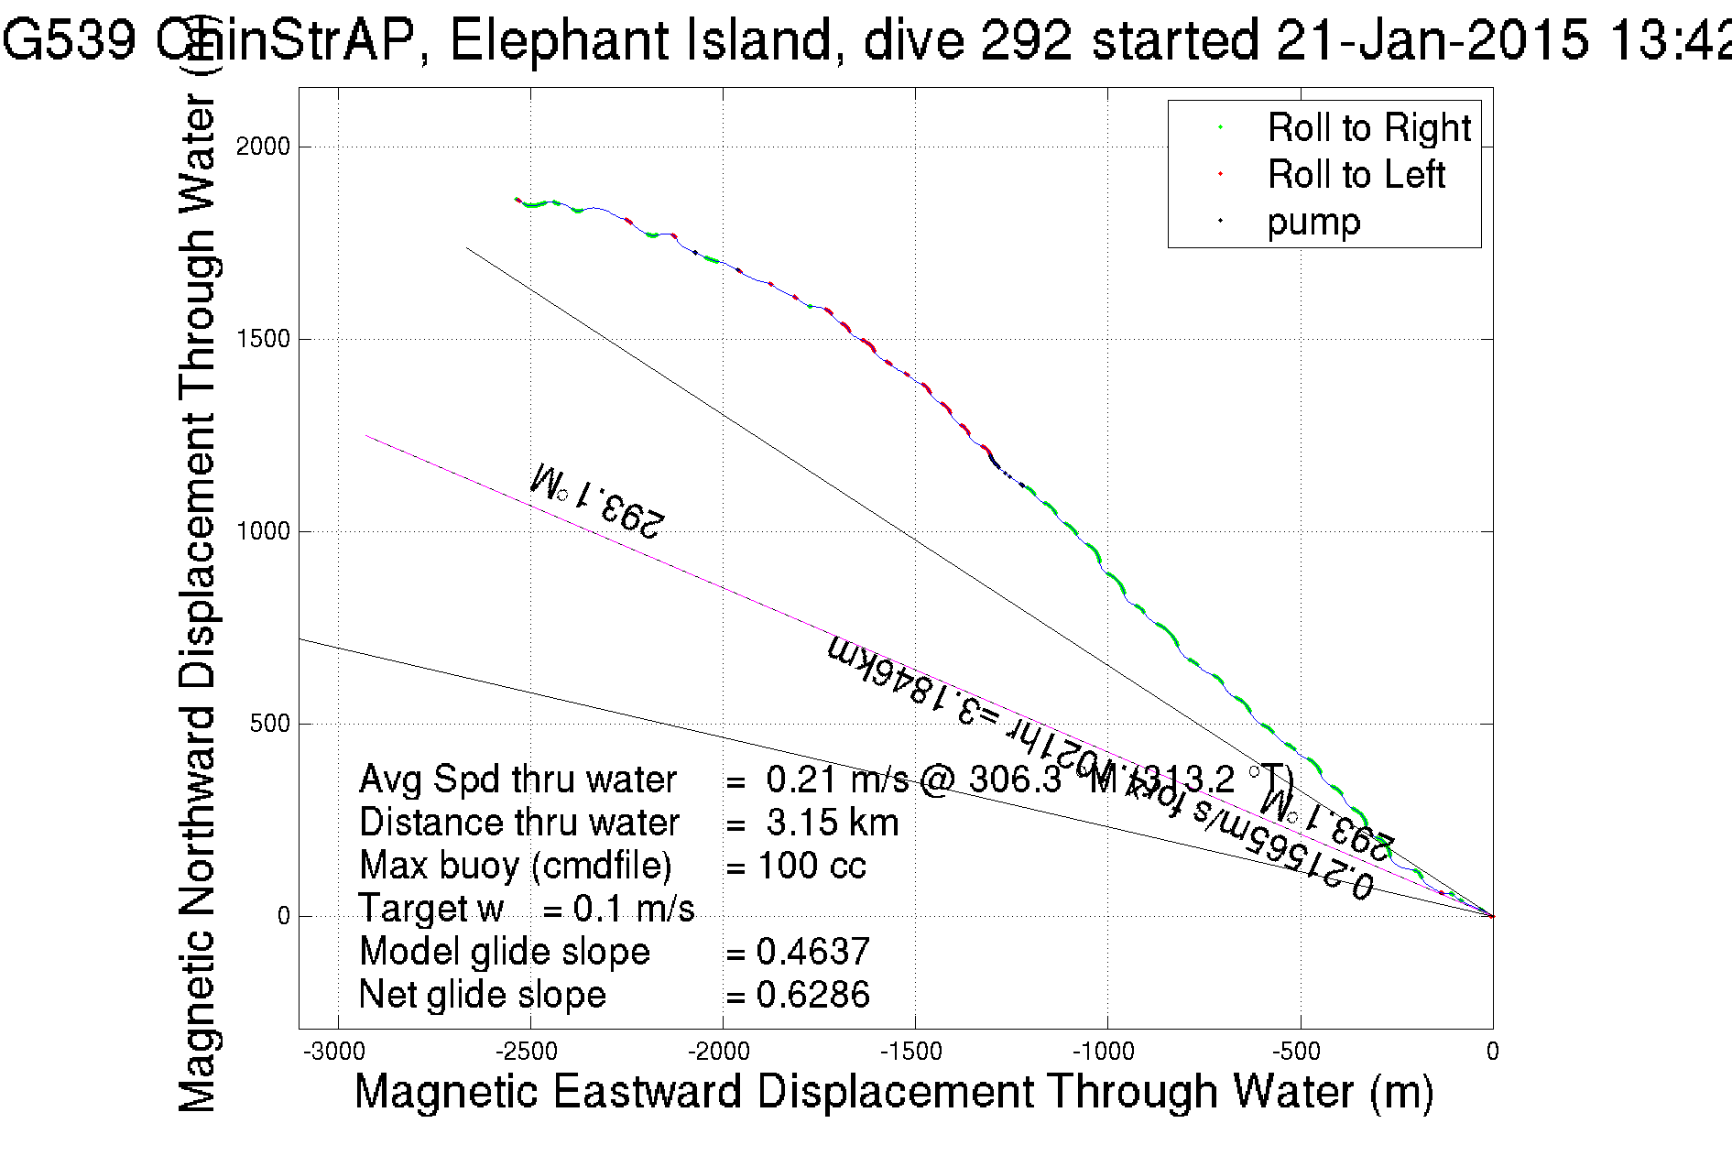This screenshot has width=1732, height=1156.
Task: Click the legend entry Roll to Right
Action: click(1368, 128)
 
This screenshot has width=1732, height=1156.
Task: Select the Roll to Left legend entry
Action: click(1356, 175)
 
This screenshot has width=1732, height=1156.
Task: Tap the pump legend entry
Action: click(1313, 222)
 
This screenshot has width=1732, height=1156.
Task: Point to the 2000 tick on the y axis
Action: click(263, 147)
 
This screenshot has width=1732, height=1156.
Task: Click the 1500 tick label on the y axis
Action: click(263, 339)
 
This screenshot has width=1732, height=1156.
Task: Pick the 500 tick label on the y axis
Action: click(269, 724)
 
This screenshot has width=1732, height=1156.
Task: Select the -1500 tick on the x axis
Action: click(915, 1052)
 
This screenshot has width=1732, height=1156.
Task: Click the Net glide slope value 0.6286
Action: click(812, 995)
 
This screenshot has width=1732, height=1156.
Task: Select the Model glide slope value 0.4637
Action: click(812, 952)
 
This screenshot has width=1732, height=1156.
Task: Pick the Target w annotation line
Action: click(527, 909)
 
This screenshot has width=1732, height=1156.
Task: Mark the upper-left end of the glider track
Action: click(517, 199)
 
